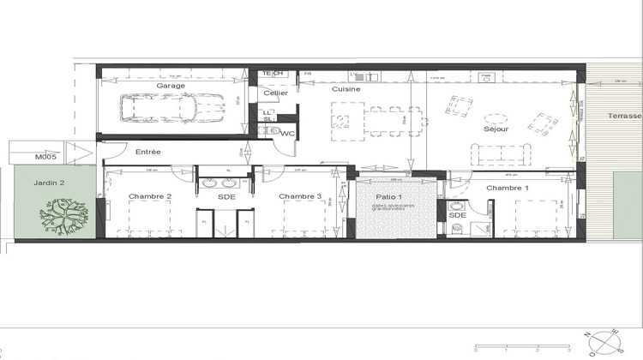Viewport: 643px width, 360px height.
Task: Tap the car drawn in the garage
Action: point(164,110)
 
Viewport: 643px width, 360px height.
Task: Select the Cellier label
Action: point(275,93)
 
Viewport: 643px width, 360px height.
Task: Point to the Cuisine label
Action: point(347,88)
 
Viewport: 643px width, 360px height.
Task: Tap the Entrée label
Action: point(149,152)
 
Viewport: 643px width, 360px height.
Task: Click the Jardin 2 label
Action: point(49,183)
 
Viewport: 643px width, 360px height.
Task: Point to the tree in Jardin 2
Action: point(65,216)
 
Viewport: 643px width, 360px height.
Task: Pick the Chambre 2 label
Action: point(150,196)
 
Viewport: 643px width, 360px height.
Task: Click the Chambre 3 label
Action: point(300,196)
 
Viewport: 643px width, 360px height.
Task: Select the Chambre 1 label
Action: point(508,187)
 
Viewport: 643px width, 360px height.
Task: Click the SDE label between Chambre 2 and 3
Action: point(226,197)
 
